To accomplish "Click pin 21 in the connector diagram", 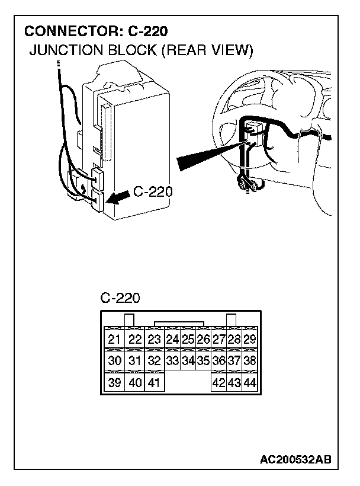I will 115,340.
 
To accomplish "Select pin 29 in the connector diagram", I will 250,340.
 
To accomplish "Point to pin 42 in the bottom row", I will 218,383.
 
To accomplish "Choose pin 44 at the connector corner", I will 250,383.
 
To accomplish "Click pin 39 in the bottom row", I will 115,382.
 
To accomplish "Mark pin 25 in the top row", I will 188,340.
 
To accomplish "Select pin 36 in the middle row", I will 218,360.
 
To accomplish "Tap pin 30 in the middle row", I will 115,360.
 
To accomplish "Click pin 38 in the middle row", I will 250,360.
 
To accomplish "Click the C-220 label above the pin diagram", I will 120,298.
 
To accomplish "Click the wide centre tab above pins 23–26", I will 179,324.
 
